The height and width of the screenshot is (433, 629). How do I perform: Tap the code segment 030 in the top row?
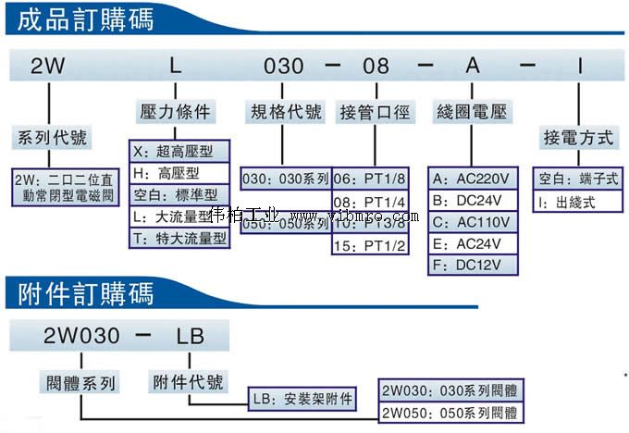(284, 67)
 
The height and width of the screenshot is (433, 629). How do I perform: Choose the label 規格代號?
(287, 113)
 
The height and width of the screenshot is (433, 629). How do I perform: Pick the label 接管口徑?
(375, 113)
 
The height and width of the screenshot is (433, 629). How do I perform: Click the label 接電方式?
(578, 138)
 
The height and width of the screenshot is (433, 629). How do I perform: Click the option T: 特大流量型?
(179, 238)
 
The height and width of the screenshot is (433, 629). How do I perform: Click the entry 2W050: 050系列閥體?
(449, 413)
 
